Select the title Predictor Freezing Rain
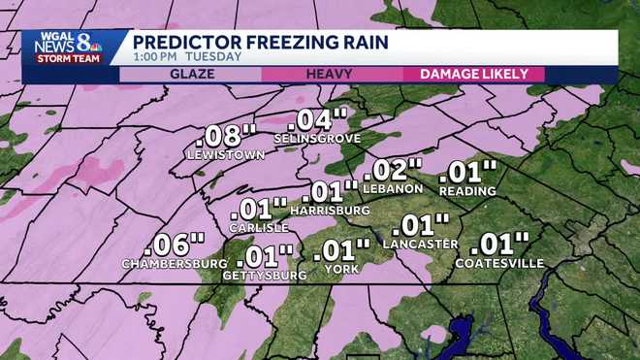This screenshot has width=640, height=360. point(261,42)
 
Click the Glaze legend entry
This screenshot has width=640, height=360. point(193,74)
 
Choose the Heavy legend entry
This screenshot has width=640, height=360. point(329,74)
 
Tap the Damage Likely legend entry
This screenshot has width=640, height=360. point(473,74)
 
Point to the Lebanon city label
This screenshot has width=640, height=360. point(396,188)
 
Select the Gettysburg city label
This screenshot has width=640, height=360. point(264,275)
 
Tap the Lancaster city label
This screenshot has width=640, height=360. point(422,244)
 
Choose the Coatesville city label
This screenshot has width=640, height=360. point(500,263)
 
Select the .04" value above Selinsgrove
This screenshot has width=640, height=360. point(317,120)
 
